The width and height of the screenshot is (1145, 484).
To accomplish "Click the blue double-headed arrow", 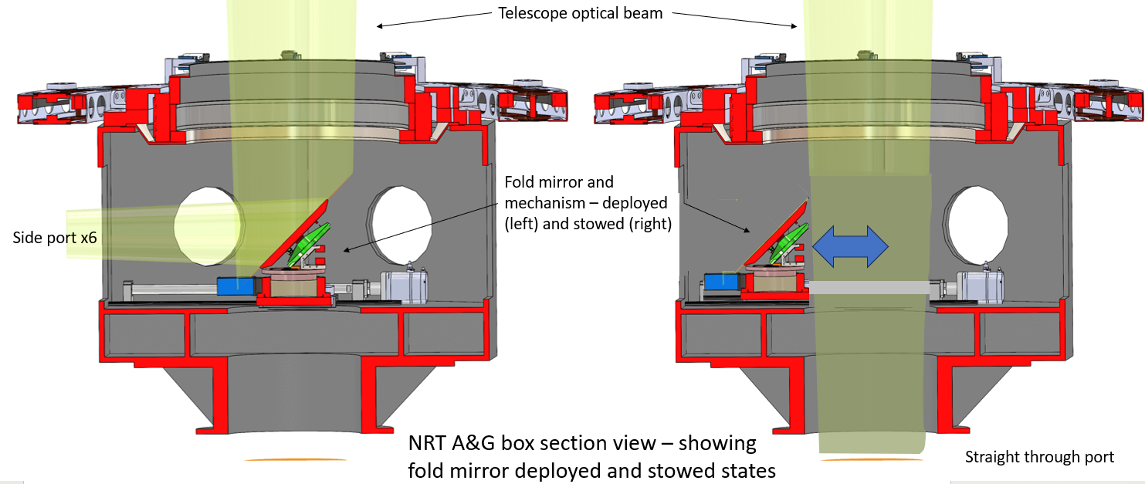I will point(851,246).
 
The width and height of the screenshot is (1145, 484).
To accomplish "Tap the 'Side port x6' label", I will point(55,238).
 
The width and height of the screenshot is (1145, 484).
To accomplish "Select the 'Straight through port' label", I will point(1039,457).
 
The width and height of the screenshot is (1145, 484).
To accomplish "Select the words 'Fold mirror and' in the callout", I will point(559,183).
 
